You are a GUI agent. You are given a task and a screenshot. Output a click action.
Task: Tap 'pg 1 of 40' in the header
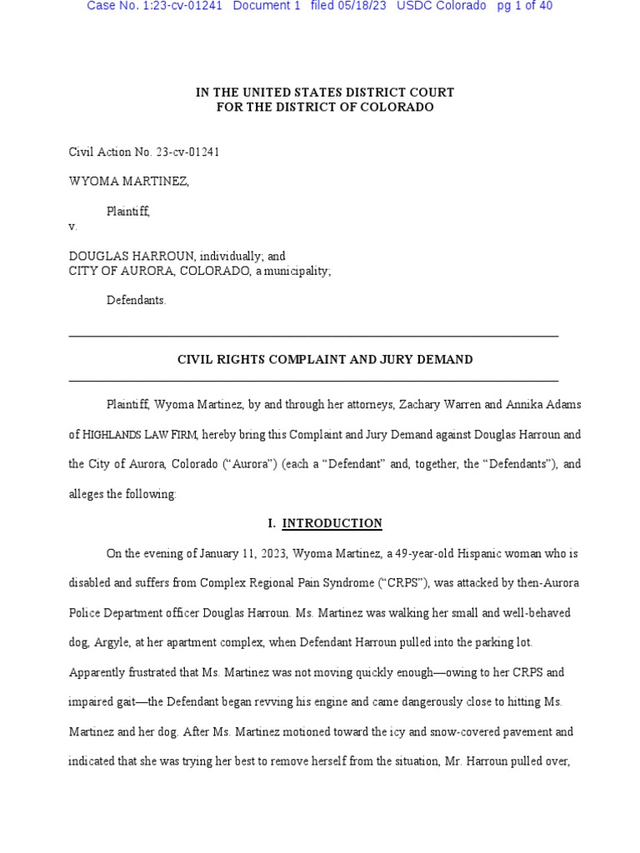click(524, 6)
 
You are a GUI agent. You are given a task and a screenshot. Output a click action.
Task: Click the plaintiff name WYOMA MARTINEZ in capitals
click(127, 182)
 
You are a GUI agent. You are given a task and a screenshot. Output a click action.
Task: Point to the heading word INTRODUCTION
click(332, 523)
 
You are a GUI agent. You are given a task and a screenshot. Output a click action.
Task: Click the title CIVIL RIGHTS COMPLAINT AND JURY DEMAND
click(325, 360)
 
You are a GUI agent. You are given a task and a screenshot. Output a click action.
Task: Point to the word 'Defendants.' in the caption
click(136, 300)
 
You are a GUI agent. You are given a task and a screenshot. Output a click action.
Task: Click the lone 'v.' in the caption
click(72, 227)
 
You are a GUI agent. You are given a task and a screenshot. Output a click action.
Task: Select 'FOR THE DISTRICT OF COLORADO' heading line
click(325, 107)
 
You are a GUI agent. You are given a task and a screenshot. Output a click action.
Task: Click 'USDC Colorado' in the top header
click(442, 6)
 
